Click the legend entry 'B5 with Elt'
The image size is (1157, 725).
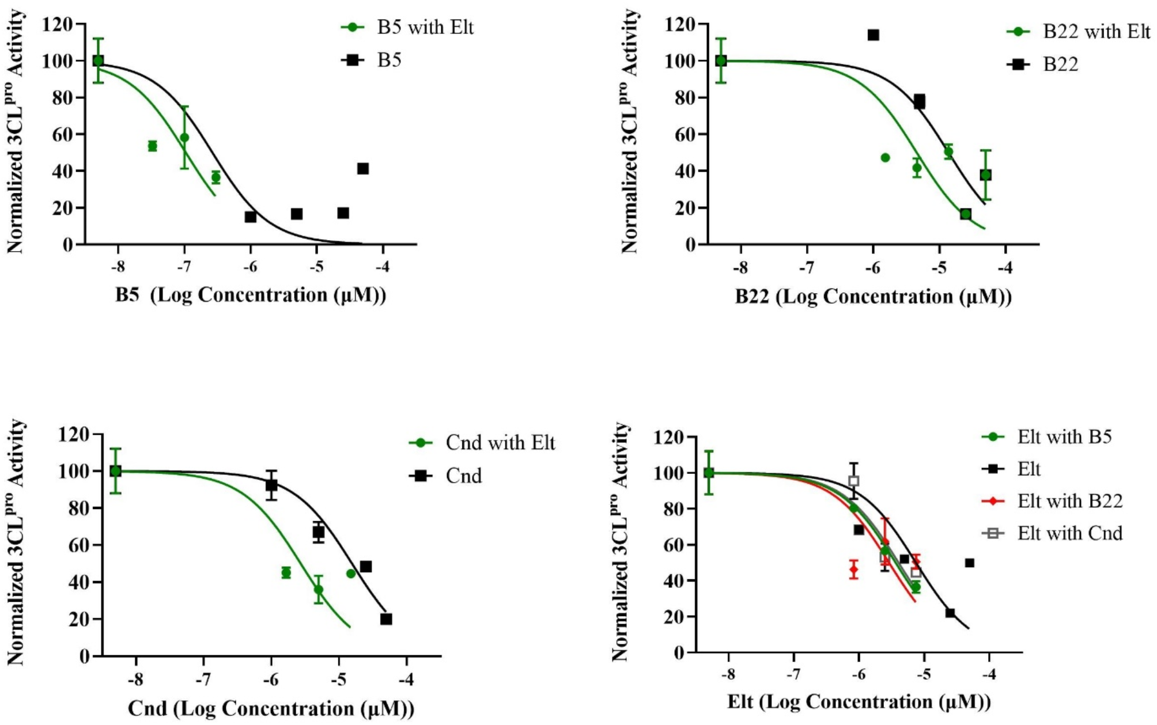tap(425, 27)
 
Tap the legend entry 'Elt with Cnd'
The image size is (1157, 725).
tap(1069, 533)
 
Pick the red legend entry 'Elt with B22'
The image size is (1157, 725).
tap(1069, 501)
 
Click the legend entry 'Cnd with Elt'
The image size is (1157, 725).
tap(500, 443)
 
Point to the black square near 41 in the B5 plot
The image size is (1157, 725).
tap(362, 169)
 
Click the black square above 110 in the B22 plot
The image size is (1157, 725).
tap(874, 35)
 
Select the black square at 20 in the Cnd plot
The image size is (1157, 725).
tap(386, 619)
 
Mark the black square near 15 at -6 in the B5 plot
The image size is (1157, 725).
tap(250, 217)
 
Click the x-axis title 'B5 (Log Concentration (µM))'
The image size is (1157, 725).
tap(251, 295)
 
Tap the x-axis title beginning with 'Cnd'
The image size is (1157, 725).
tap(271, 708)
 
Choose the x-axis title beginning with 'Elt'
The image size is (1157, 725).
tap(859, 701)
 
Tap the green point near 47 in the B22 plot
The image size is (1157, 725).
tap(885, 158)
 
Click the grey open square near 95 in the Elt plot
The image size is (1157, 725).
tap(854, 481)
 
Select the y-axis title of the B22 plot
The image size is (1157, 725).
tap(630, 131)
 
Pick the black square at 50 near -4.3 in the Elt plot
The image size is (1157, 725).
tap(970, 563)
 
